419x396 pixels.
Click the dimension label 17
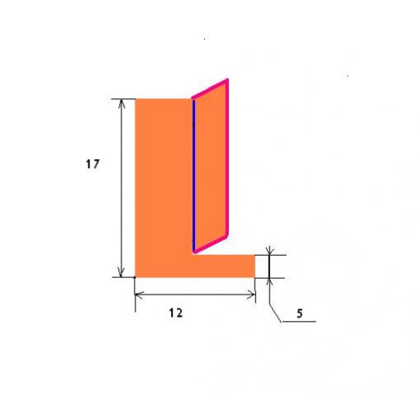click(x=93, y=164)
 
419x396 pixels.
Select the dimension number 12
click(x=176, y=313)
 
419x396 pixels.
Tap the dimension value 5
click(x=300, y=313)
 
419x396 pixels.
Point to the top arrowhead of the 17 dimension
click(x=121, y=103)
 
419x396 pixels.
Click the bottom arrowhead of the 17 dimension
click(x=121, y=272)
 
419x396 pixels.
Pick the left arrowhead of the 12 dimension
click(x=140, y=295)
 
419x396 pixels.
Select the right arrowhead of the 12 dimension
click(x=250, y=295)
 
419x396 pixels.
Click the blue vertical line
click(x=193, y=175)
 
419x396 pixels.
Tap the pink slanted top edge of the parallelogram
click(x=210, y=88)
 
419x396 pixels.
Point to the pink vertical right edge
click(x=227, y=158)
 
